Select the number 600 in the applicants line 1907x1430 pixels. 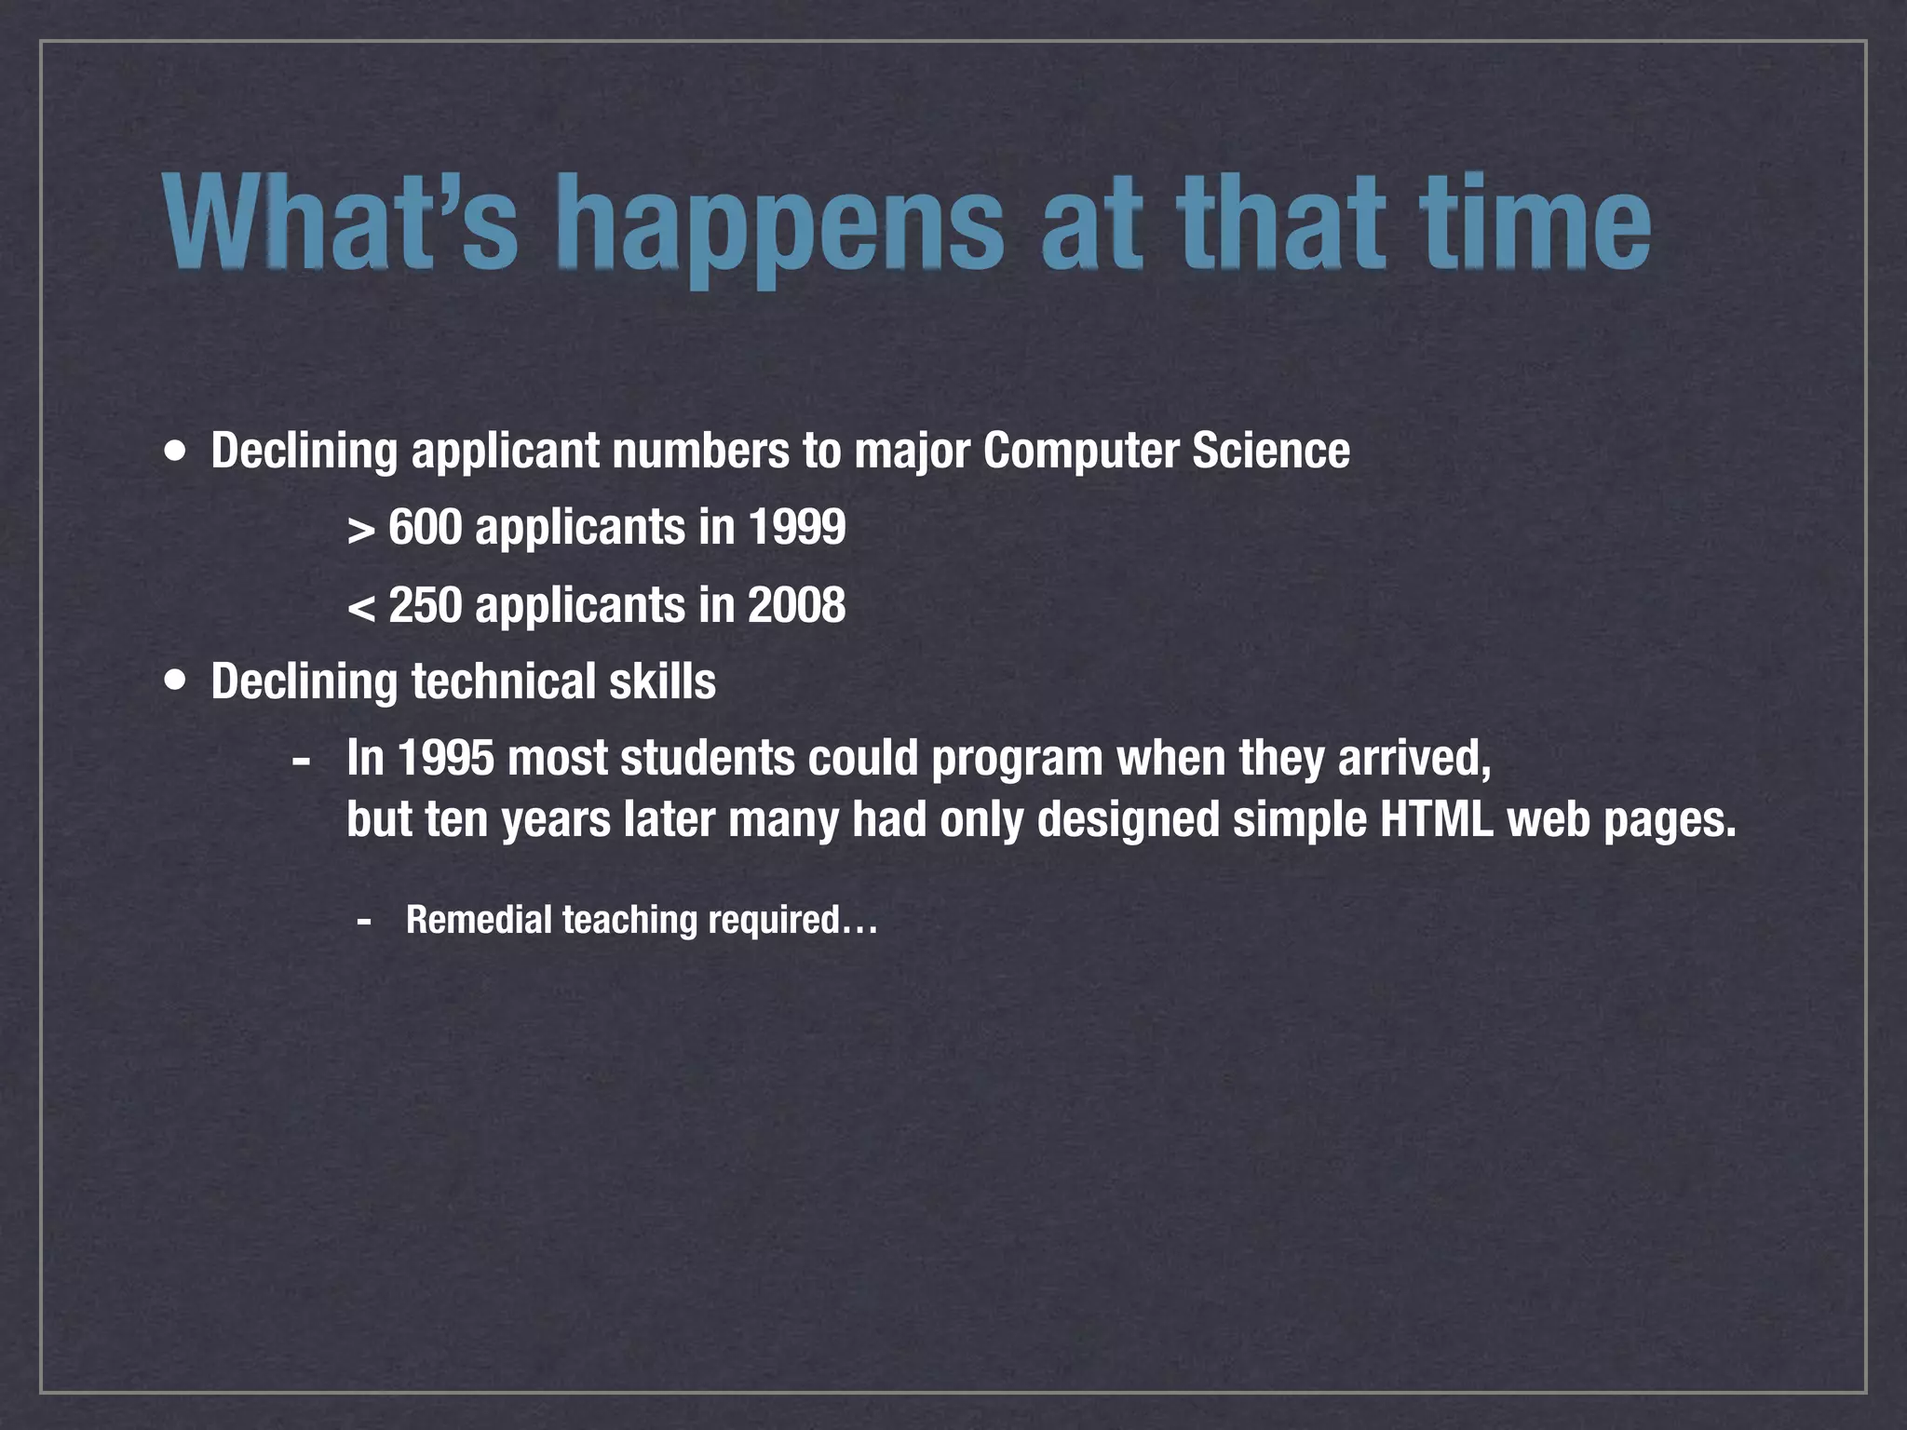pyautogui.click(x=426, y=527)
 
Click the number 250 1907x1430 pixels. pyautogui.click(x=426, y=605)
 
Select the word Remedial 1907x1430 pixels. pyautogui.click(x=479, y=920)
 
